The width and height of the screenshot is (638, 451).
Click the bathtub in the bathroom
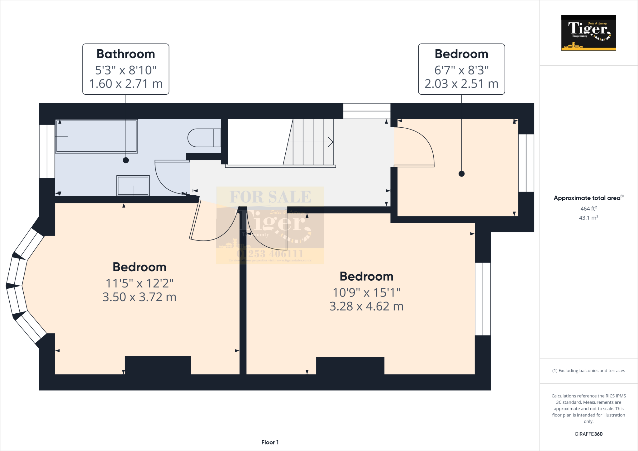[x=97, y=136]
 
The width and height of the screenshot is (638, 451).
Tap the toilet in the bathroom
[x=202, y=138]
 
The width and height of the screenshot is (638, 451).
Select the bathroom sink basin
[x=133, y=186]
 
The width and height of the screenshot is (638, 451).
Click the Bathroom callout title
[x=126, y=54]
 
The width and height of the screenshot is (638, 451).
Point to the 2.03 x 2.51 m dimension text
[x=461, y=84]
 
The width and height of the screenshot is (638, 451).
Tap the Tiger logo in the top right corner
[x=588, y=33]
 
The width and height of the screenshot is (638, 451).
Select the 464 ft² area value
[x=588, y=209]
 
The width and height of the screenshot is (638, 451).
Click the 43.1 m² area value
[x=588, y=218]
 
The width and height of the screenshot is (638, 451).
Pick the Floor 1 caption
[x=270, y=442]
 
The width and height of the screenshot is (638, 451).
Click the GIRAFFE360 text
[x=588, y=434]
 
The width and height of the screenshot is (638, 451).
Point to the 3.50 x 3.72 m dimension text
[x=139, y=297]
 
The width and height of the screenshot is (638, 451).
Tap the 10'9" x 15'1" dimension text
[x=366, y=293]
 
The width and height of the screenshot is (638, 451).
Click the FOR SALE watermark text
[x=270, y=197]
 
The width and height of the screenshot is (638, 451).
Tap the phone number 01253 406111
[x=270, y=254]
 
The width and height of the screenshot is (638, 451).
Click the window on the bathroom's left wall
[x=47, y=151]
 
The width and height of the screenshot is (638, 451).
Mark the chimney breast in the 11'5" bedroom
[x=158, y=365]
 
